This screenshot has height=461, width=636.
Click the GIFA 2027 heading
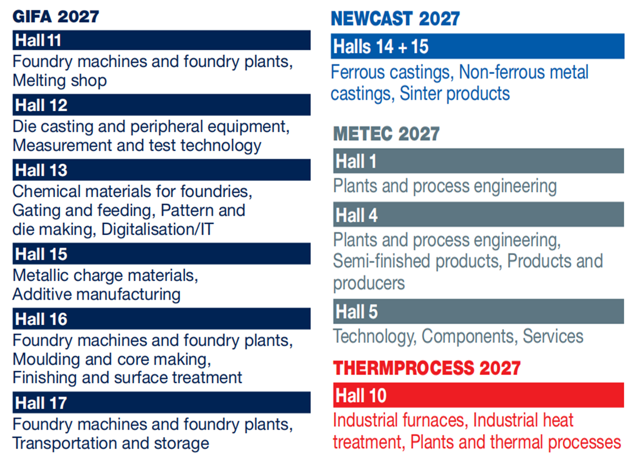(x=56, y=16)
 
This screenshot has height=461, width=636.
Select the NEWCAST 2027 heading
(x=395, y=19)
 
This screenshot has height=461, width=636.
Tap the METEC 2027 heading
(x=387, y=134)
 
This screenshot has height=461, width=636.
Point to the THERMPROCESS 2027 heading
(x=427, y=368)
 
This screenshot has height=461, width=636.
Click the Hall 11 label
(x=38, y=40)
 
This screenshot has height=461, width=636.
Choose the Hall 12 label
(x=41, y=105)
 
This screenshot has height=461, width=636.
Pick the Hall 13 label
(x=41, y=170)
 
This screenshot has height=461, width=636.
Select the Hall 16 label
(x=41, y=319)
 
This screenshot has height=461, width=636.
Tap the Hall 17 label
(x=41, y=403)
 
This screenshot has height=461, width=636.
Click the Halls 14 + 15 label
(x=381, y=46)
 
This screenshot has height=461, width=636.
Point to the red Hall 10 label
(x=361, y=395)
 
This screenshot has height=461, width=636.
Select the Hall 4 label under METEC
(x=357, y=215)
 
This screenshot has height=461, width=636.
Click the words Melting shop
(x=60, y=81)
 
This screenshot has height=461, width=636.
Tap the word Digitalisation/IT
(x=158, y=229)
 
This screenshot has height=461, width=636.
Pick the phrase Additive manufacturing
(x=97, y=294)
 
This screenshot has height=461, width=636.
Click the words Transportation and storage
(x=111, y=443)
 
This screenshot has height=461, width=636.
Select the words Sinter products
(x=455, y=93)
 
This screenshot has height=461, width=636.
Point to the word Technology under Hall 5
(x=375, y=336)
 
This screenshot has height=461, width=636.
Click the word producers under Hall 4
(x=369, y=283)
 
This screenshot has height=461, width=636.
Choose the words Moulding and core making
(x=112, y=360)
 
